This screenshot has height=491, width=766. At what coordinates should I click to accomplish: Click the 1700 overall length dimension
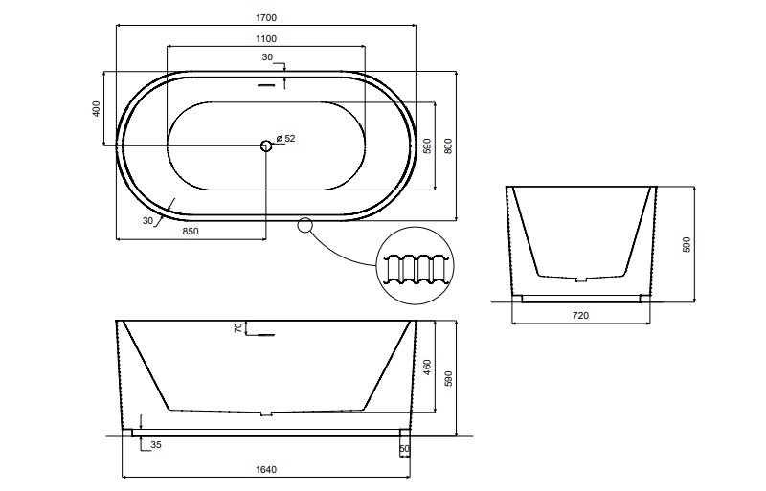(x=266, y=18)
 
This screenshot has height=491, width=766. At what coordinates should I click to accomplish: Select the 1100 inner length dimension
(x=266, y=39)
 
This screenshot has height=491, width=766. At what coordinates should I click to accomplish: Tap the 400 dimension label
(x=97, y=108)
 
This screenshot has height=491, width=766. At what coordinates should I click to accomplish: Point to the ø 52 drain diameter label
(x=285, y=138)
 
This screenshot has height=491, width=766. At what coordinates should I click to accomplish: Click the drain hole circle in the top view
(x=266, y=145)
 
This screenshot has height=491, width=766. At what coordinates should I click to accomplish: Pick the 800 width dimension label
(x=449, y=146)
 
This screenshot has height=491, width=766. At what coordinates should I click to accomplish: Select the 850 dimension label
(x=191, y=231)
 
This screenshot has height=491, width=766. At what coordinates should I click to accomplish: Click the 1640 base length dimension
(x=266, y=470)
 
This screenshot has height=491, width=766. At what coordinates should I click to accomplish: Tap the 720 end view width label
(x=580, y=316)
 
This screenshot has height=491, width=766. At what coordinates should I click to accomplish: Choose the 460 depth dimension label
(x=428, y=367)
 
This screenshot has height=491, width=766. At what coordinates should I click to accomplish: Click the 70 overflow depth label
(x=238, y=328)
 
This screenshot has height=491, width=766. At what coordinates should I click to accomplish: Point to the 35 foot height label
(x=156, y=445)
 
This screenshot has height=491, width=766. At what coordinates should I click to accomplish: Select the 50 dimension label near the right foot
(x=404, y=449)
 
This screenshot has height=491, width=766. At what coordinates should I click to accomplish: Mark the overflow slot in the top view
(x=267, y=85)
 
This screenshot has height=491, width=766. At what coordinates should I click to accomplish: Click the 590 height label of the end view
(x=687, y=244)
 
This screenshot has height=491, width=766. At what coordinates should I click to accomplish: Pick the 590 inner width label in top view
(x=428, y=145)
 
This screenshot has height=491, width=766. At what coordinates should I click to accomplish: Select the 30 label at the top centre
(x=267, y=57)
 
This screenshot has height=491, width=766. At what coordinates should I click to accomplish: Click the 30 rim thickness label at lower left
(x=148, y=221)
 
